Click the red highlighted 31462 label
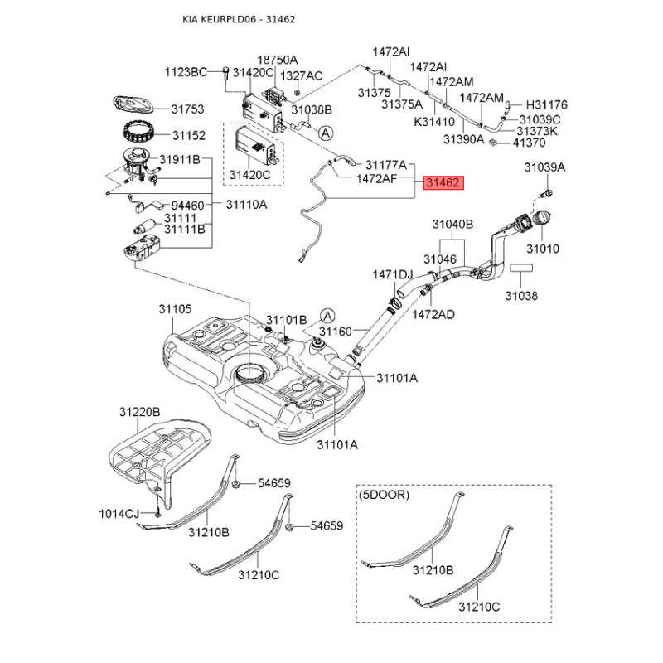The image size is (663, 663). click(x=444, y=183)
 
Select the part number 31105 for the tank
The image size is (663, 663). click(x=175, y=308)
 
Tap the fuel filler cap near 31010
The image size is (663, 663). click(x=542, y=221)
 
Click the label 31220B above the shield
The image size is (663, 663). click(x=138, y=412)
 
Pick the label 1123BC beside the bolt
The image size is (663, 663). click(x=185, y=73)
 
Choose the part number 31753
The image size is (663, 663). click(x=187, y=109)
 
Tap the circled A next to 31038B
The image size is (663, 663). click(x=326, y=132)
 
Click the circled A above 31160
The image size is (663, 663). click(x=328, y=315)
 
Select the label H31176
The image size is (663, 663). click(x=547, y=105)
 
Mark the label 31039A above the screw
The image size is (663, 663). click(x=544, y=168)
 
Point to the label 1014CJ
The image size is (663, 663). click(x=120, y=514)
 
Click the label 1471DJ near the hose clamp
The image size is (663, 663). click(x=392, y=274)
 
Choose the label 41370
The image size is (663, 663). click(x=530, y=143)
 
